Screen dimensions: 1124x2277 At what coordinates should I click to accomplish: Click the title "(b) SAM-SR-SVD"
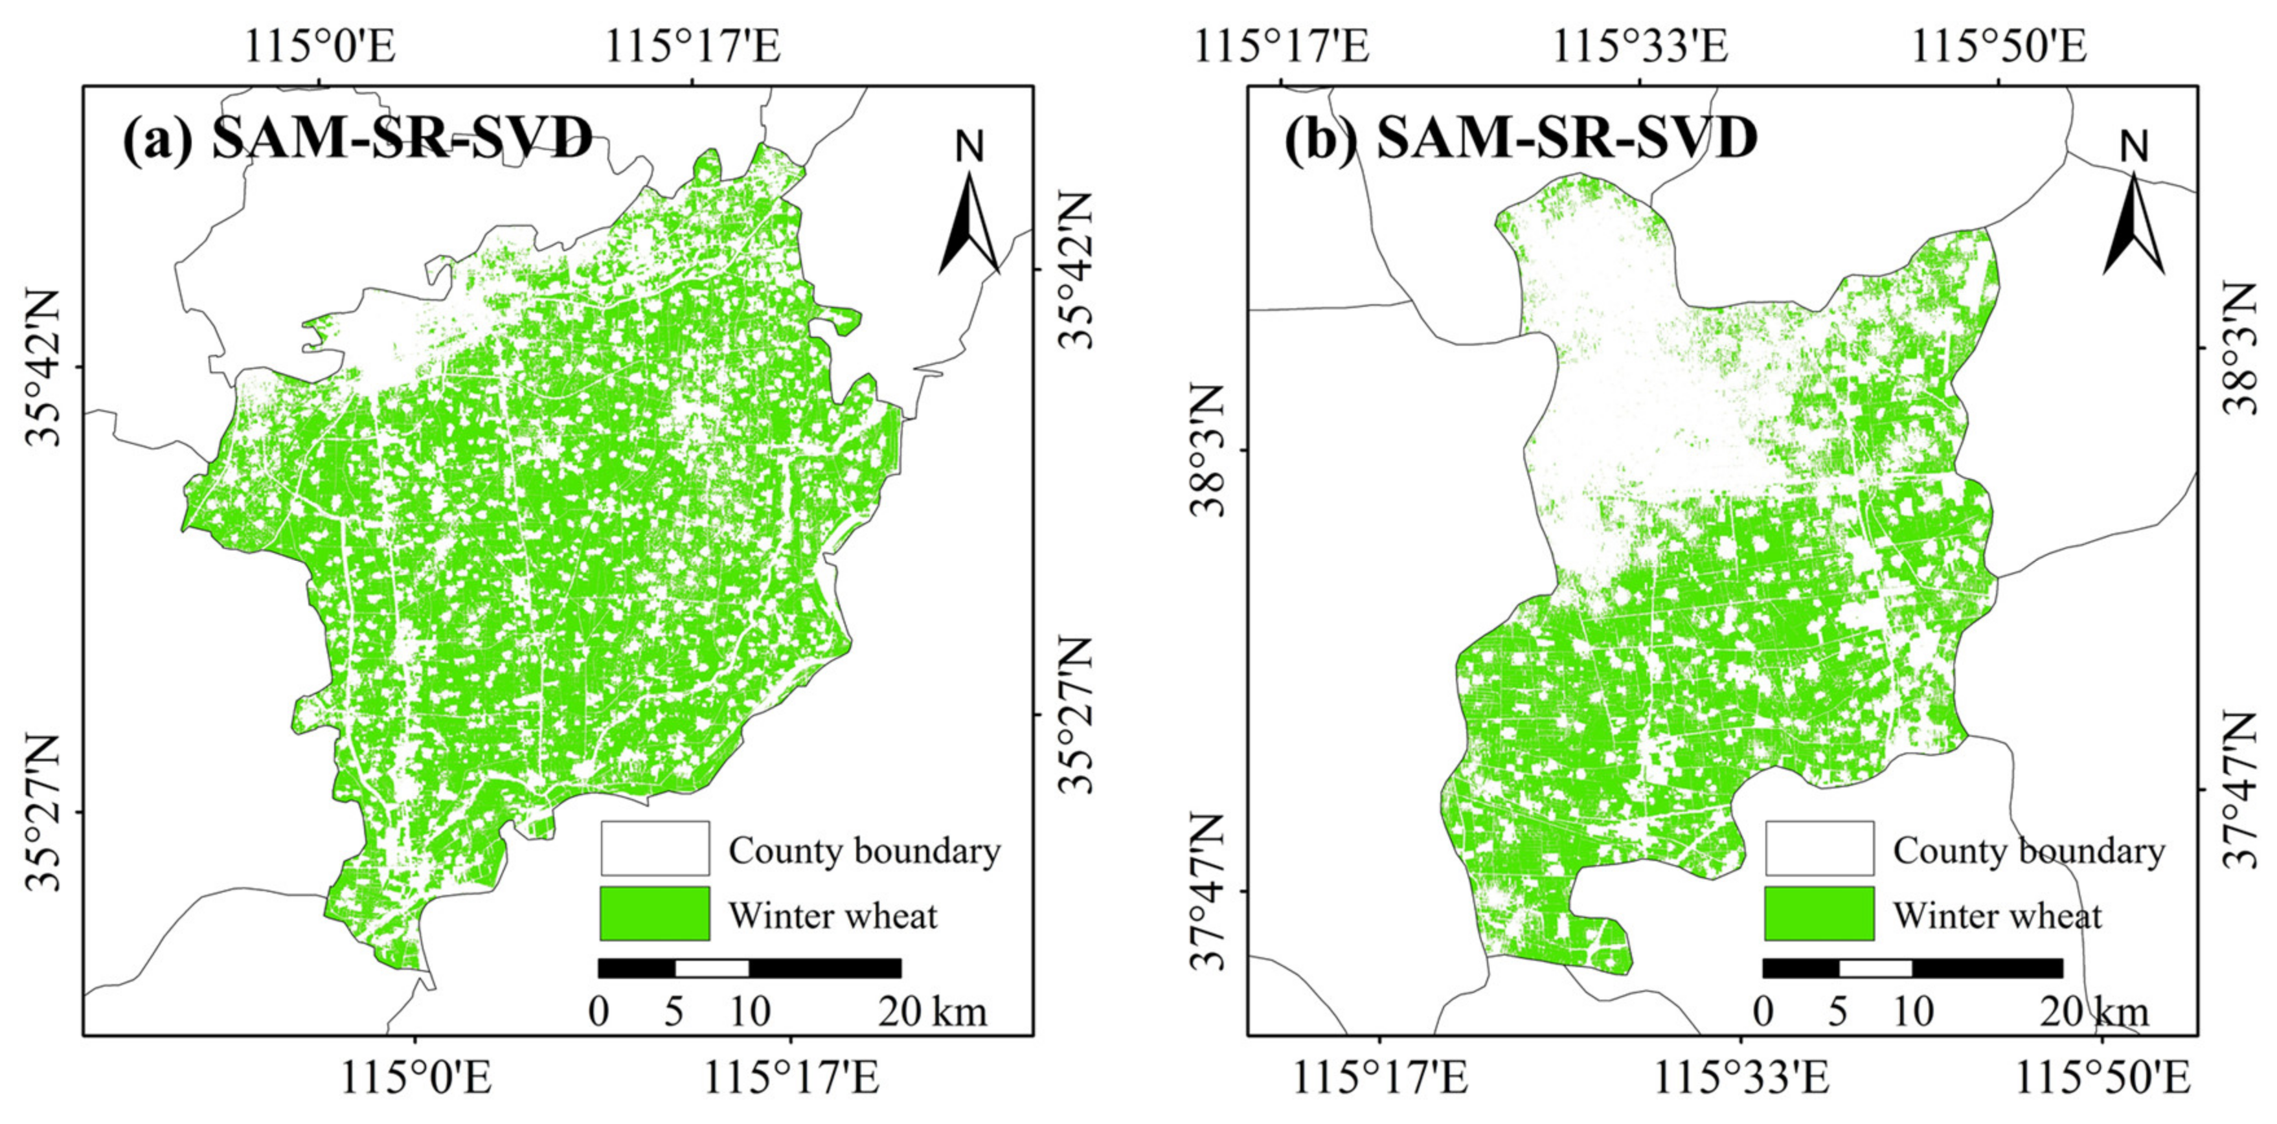click(x=1521, y=138)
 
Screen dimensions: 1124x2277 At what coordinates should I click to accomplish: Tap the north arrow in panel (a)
click(x=969, y=212)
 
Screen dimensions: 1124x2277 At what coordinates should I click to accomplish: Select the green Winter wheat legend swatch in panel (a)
click(x=654, y=914)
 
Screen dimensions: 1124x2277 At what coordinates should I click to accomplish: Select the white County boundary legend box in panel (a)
click(x=654, y=848)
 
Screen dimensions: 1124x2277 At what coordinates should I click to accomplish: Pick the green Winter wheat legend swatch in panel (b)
click(x=1818, y=914)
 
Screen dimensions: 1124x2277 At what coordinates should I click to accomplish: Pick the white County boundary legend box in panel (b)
click(x=1818, y=848)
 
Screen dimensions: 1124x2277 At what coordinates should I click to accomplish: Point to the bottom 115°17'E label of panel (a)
click(x=791, y=1080)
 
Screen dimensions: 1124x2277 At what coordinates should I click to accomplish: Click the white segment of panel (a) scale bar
click(x=712, y=967)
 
